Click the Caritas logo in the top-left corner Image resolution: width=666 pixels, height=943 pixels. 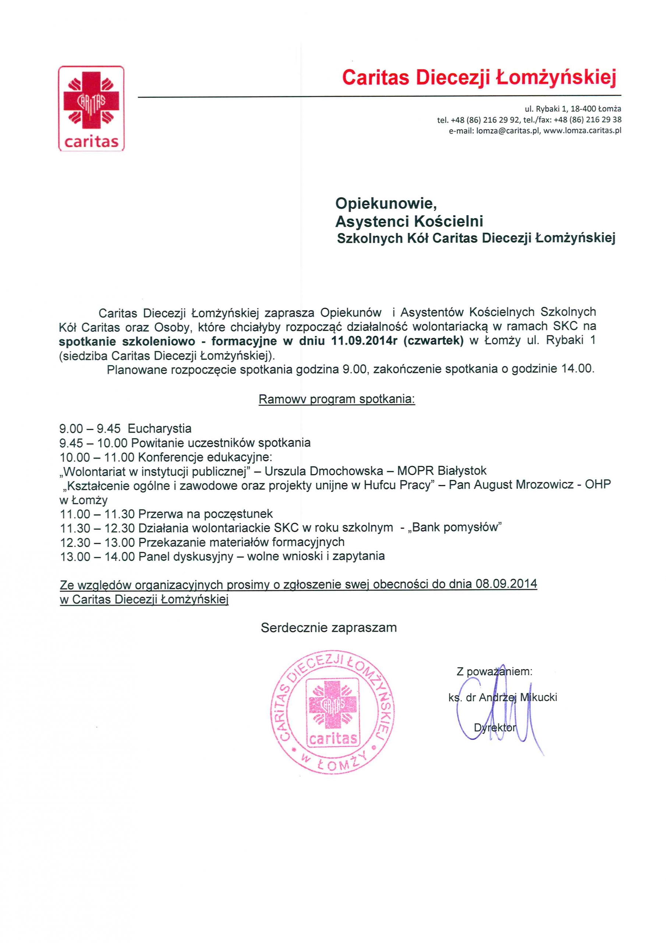[x=91, y=108]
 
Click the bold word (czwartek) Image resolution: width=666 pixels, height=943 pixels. [x=433, y=341]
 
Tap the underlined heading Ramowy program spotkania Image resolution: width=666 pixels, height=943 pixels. [x=336, y=399]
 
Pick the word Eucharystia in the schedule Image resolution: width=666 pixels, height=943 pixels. [x=159, y=429]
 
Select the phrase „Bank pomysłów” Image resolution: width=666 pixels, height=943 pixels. [x=454, y=527]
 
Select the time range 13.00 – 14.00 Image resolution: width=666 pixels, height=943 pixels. [x=97, y=557]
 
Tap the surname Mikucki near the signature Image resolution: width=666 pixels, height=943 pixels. [x=538, y=697]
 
